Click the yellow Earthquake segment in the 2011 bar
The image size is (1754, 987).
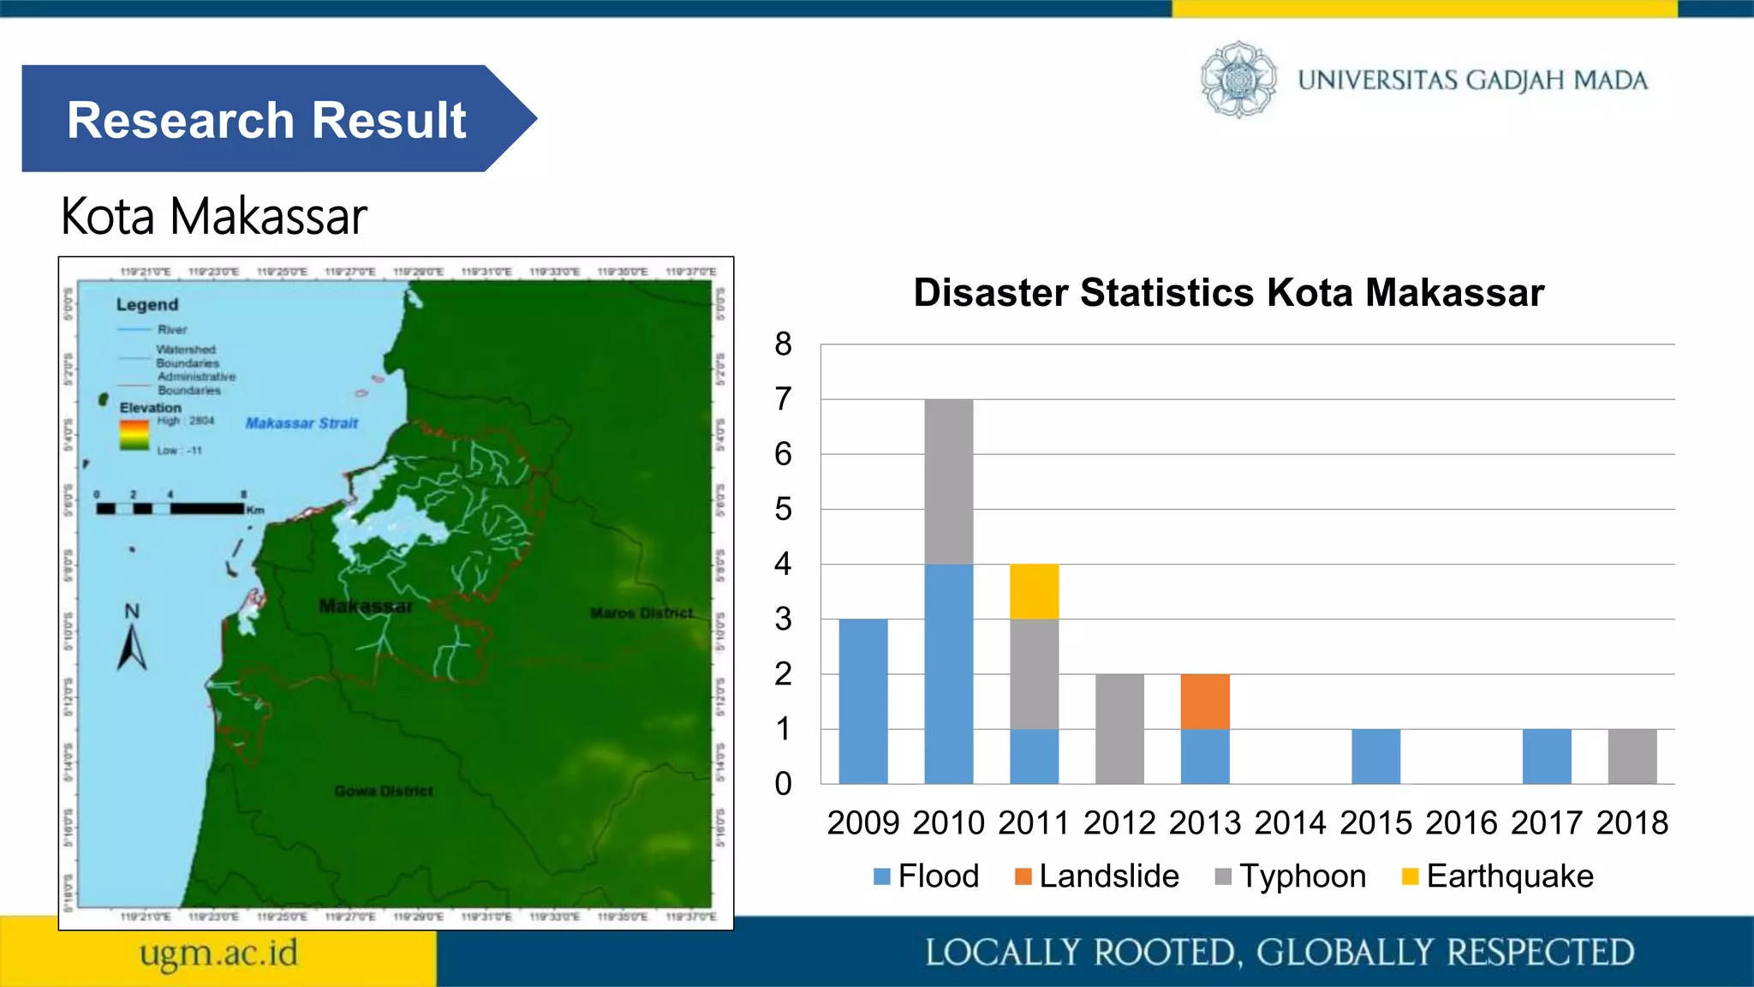click(1034, 591)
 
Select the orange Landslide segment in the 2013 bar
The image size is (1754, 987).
click(1205, 701)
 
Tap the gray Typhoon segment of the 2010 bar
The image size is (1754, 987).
click(948, 482)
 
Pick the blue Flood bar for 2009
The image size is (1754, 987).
click(863, 701)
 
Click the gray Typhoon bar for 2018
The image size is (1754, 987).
click(1632, 756)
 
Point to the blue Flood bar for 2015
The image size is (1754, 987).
click(1375, 756)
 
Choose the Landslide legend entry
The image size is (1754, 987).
click(1097, 876)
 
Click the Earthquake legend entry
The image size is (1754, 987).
click(1498, 876)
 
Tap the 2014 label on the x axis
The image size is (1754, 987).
click(1290, 822)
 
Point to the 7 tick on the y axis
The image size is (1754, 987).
click(783, 399)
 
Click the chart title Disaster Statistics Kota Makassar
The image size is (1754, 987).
click(1228, 292)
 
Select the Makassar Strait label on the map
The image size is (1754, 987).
click(301, 423)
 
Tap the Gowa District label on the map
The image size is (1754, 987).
click(383, 791)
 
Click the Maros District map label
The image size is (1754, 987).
click(641, 613)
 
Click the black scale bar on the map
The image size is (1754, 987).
click(170, 508)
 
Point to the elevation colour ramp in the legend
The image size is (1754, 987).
click(134, 434)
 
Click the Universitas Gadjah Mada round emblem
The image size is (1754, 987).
click(1238, 80)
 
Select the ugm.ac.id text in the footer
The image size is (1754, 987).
click(219, 953)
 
